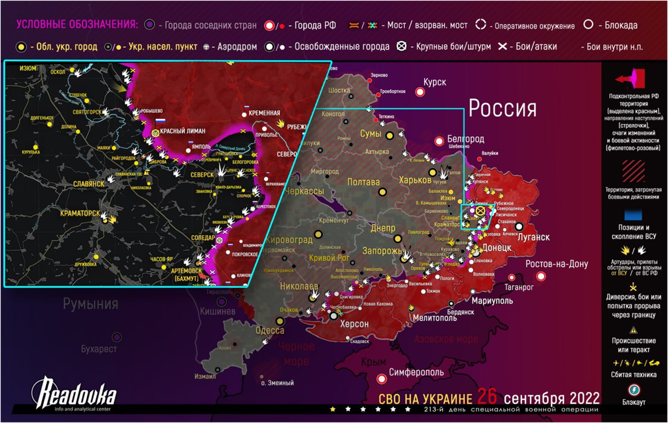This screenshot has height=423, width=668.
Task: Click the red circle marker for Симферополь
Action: point(382,379)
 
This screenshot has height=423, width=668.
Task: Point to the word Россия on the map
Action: point(502,108)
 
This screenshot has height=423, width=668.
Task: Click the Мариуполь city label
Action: point(493,301)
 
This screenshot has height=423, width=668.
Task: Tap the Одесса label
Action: point(269,330)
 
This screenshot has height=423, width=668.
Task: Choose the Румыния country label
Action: point(90,304)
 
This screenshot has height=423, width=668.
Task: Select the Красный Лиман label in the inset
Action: point(182,131)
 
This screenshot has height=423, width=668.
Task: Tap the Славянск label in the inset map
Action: point(89,183)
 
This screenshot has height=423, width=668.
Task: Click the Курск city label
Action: point(435,82)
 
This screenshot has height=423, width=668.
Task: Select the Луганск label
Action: point(534,237)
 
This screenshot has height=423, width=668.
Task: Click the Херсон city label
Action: point(355,324)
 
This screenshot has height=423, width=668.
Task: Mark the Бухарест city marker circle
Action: point(117,337)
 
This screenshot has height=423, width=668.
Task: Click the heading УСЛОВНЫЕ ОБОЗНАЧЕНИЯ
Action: point(77,25)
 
